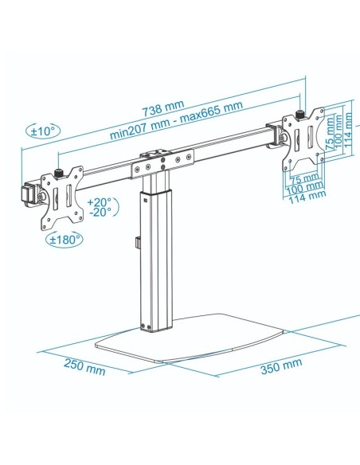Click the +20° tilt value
[101, 202]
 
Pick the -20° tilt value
[101, 213]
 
